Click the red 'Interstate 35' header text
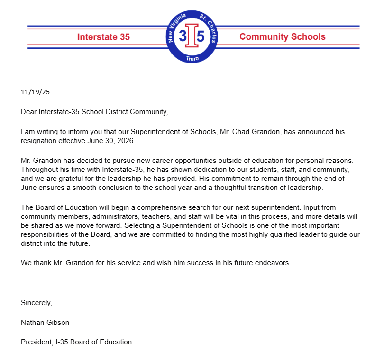(103, 37)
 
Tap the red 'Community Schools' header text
(282, 37)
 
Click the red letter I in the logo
(192, 37)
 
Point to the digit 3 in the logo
(183, 37)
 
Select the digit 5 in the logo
(201, 37)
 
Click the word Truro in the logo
(192, 57)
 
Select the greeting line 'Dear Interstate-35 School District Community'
(94, 112)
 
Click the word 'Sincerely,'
(37, 303)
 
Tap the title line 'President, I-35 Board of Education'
(76, 342)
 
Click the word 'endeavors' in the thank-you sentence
(273, 262)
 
